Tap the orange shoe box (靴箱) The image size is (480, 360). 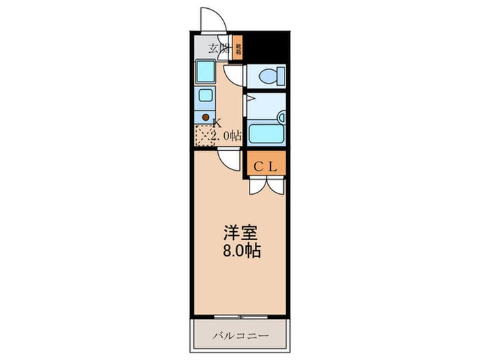[x=238, y=48]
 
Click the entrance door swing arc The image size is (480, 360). [x=212, y=19]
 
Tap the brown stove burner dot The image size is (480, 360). [x=205, y=117]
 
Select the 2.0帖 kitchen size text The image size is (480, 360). [x=227, y=135]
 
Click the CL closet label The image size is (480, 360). [x=265, y=165]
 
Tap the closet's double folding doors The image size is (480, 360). [x=266, y=184]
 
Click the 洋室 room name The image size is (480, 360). [x=239, y=232]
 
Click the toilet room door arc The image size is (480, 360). [x=233, y=74]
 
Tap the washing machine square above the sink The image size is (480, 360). [x=205, y=71]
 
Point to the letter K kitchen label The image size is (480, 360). [x=217, y=123]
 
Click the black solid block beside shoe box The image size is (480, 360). [x=264, y=47]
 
